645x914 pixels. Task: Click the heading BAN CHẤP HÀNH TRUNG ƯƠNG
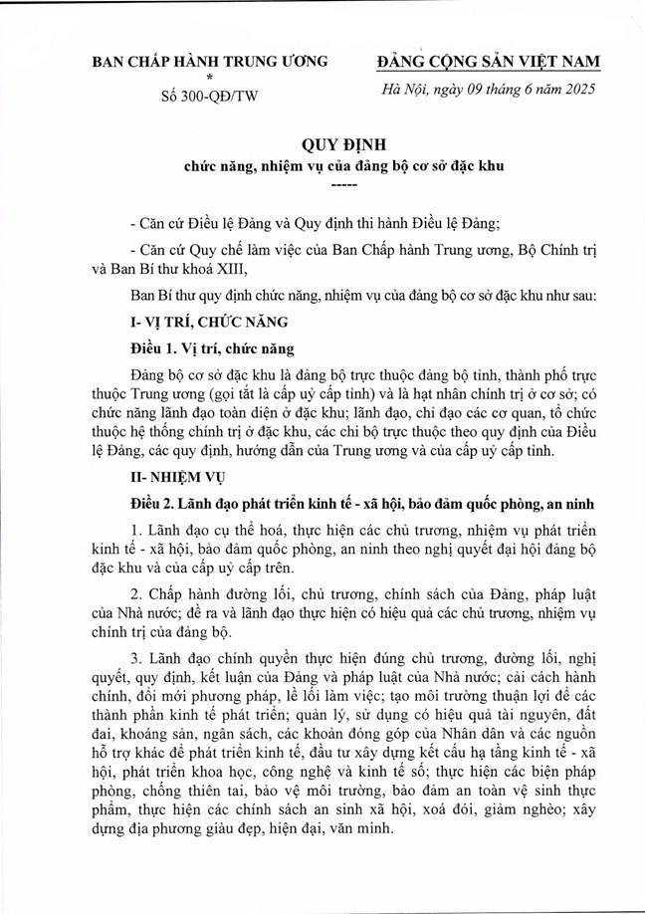[210, 62]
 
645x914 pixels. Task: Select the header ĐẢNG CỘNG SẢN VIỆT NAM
[488, 62]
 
